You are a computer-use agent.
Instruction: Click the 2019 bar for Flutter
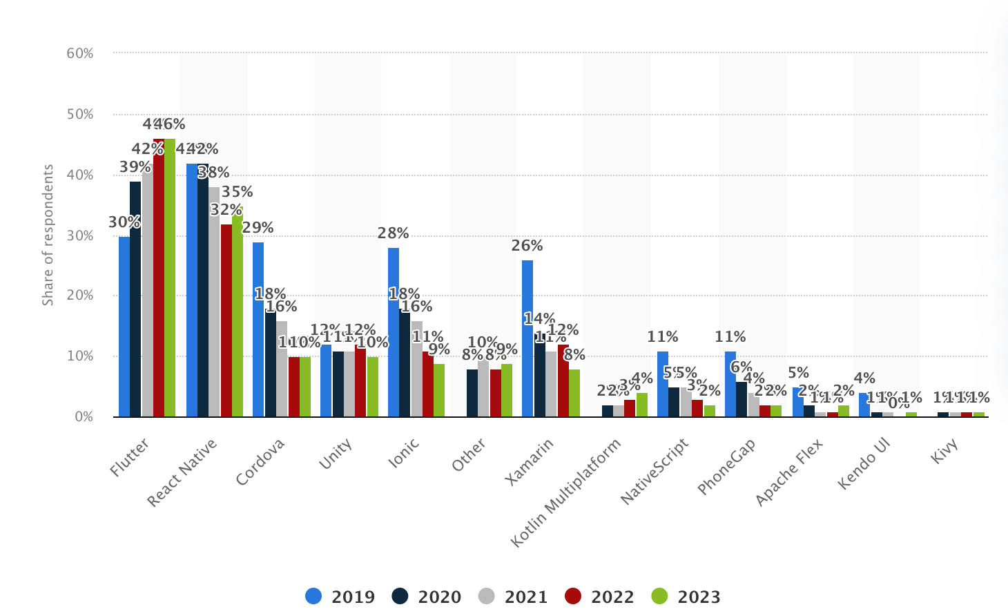point(124,326)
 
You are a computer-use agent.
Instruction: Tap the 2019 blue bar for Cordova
point(258,329)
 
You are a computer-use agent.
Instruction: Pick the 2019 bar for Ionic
point(394,332)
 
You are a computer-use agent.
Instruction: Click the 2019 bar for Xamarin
point(527,338)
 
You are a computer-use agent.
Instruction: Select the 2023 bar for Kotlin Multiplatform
point(642,405)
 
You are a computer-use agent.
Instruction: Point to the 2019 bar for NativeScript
point(663,384)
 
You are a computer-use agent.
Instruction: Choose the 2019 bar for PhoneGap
point(730,384)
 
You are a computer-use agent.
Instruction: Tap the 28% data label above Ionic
point(394,233)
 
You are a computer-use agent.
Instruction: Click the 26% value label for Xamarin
point(527,246)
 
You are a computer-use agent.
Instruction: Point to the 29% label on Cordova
point(258,228)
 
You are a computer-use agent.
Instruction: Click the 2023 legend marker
point(660,596)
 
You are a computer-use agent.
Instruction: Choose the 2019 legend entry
point(340,597)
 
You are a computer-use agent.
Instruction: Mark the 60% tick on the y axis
point(80,53)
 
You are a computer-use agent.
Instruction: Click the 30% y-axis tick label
point(80,235)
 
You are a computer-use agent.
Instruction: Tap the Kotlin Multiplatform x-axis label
point(566,493)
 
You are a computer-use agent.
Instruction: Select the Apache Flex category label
point(788,473)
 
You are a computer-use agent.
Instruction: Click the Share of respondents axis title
point(48,235)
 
